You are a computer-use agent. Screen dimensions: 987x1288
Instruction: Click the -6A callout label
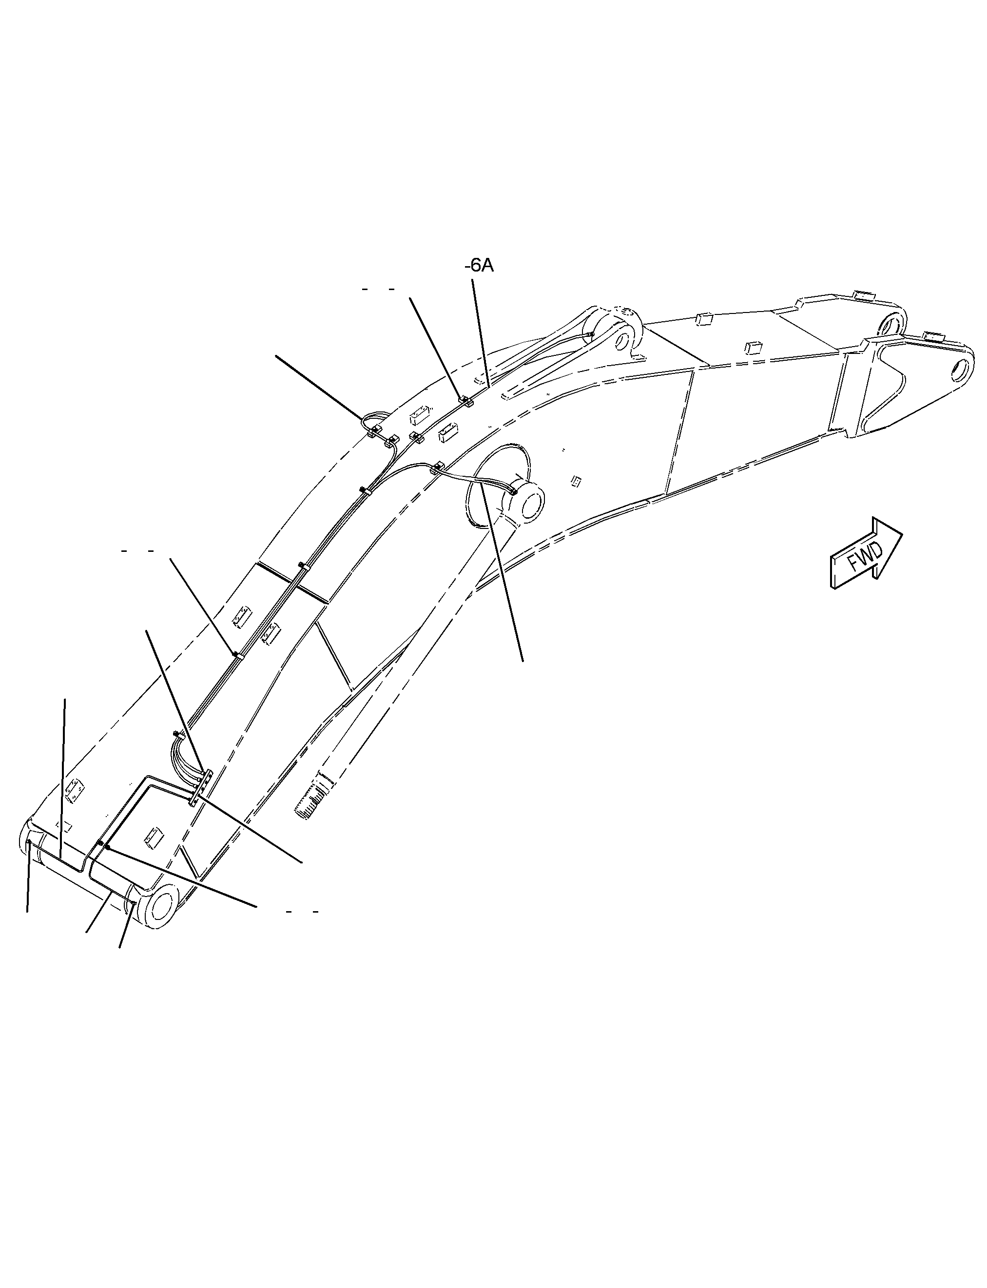pos(479,266)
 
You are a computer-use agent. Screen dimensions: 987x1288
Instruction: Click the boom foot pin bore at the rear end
pos(161,907)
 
